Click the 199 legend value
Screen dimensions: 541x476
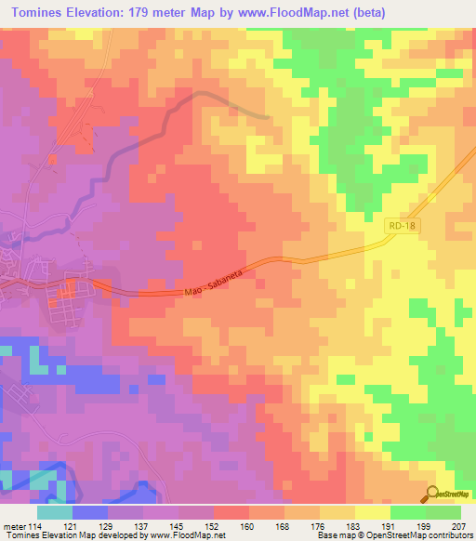coord(425,525)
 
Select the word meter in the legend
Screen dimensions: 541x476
coord(14,525)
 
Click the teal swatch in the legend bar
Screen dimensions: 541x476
coord(55,512)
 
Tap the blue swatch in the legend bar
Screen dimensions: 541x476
coord(90,512)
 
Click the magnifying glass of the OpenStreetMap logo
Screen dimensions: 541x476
coord(430,495)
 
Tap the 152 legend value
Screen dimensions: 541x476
coord(214,525)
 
